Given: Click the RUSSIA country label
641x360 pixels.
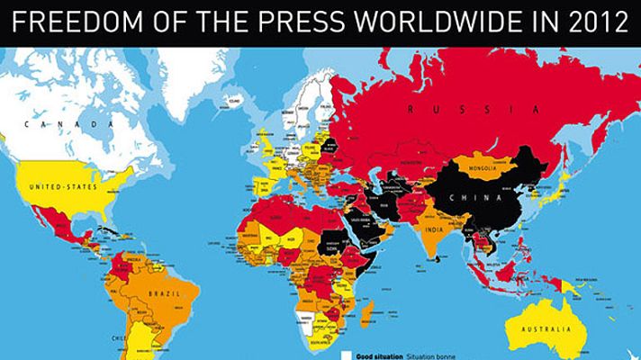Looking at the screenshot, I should [x=460, y=109].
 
